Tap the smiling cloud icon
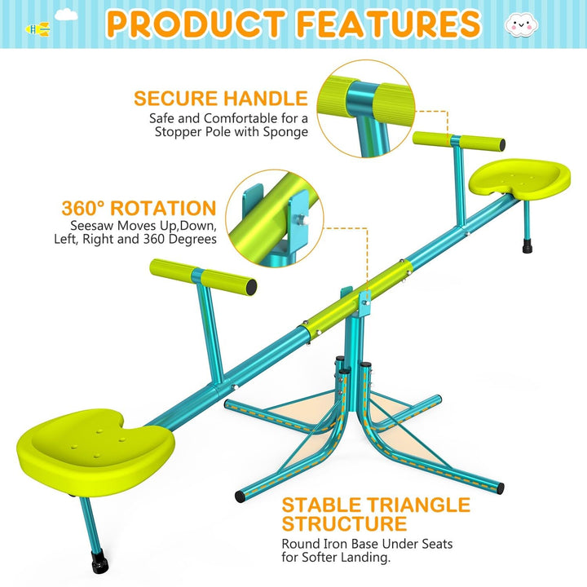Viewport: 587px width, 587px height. click(519, 25)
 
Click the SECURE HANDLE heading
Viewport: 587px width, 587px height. click(221, 99)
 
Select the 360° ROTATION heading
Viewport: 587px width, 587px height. click(139, 208)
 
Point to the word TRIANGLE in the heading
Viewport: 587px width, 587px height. click(416, 505)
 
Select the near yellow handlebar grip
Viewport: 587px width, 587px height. click(203, 276)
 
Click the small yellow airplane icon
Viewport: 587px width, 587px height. click(38, 29)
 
